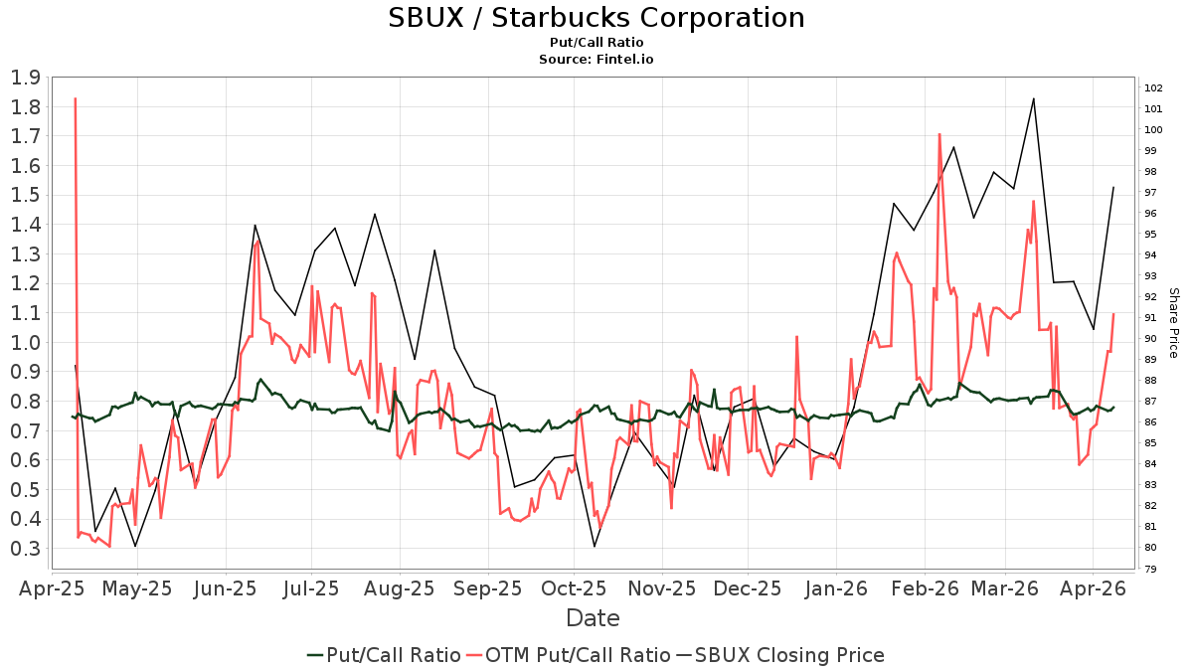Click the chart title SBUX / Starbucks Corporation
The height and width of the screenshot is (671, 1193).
596,17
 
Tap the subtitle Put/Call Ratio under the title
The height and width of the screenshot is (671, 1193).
596,43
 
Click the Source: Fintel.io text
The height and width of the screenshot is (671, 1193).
596,59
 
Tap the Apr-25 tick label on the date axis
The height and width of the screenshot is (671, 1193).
51,588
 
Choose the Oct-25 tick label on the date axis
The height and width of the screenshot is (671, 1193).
574,588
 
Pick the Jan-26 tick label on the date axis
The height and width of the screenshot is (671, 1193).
836,588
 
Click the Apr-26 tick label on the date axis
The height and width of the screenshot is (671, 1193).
1093,588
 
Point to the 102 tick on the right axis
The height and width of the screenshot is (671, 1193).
1154,87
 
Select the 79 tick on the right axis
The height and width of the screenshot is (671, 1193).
1151,570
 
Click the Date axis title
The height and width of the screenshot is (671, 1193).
593,618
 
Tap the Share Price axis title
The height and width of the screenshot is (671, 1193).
1173,323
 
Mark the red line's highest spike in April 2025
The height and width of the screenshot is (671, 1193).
76,98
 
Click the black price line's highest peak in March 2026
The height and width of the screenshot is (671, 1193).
1034,98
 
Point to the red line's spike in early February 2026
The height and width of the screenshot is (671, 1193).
938,134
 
